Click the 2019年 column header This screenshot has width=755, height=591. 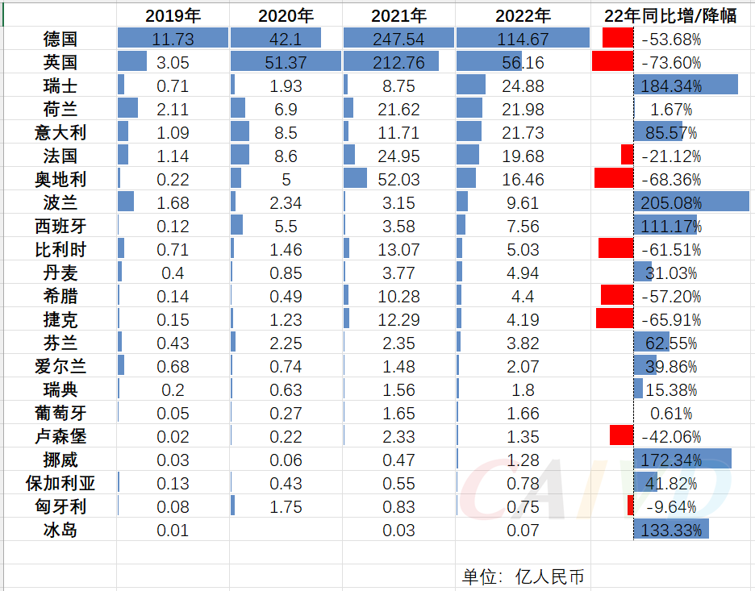(173, 15)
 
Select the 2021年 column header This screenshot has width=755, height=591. (398, 15)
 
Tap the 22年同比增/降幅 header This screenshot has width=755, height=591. (671, 15)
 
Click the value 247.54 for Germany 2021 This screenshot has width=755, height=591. (398, 39)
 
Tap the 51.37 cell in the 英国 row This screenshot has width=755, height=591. (286, 62)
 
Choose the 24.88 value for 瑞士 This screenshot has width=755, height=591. (522, 85)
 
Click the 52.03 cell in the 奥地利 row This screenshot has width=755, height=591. (398, 179)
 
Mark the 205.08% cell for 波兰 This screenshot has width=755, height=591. (671, 202)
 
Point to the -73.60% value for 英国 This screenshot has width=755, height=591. (671, 62)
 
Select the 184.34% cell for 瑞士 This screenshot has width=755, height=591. (671, 85)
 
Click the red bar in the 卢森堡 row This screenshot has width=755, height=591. (621, 436)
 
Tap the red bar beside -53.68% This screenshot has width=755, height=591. (617, 38)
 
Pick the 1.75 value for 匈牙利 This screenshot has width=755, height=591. (286, 506)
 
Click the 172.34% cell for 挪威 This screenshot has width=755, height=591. (671, 460)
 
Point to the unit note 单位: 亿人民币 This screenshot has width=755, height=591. (523, 576)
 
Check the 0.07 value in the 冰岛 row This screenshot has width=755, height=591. (522, 530)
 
